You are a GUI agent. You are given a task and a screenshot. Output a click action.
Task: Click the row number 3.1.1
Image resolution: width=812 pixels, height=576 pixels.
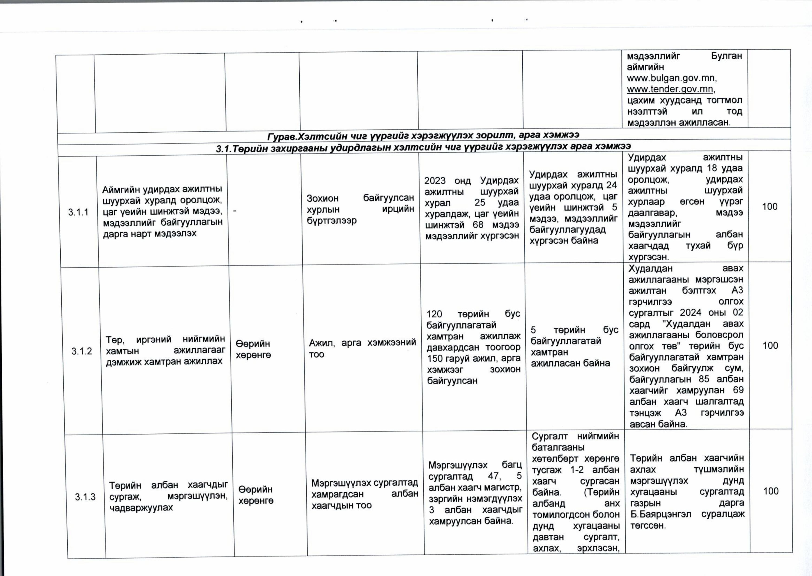pyautogui.click(x=78, y=213)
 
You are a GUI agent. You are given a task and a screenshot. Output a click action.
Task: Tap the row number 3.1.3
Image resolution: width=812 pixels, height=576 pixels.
pyautogui.click(x=85, y=497)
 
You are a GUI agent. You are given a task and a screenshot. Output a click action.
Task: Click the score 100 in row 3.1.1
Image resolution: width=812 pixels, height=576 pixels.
pyautogui.click(x=769, y=206)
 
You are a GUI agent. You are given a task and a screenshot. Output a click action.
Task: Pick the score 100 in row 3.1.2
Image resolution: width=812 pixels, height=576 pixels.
pyautogui.click(x=770, y=345)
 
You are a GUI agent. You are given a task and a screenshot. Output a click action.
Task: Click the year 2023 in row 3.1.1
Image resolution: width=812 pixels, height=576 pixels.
pyautogui.click(x=435, y=180)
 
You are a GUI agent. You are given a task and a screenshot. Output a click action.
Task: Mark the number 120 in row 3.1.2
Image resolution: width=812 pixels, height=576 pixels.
pyautogui.click(x=434, y=314)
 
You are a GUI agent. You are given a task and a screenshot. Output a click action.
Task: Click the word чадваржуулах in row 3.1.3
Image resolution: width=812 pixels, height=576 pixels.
pyautogui.click(x=141, y=507)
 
